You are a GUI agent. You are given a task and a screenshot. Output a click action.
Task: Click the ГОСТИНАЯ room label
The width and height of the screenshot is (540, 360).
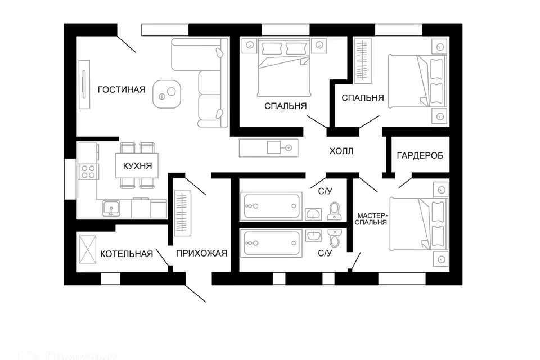coord(121,89)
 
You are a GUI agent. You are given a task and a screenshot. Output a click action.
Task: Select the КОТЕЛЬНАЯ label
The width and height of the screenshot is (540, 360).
coord(127,254)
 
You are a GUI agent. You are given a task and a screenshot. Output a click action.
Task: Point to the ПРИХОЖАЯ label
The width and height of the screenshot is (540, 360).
coord(201,253)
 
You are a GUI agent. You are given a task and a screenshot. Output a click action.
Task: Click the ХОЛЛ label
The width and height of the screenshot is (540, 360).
coord(341,151)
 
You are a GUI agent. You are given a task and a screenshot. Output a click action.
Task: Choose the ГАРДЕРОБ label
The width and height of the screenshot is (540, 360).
coord(420,155)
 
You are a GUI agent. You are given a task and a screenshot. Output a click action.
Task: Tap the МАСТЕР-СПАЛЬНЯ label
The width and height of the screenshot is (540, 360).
coord(372,218)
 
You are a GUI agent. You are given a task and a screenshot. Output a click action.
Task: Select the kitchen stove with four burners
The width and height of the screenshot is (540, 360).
coord(88,170)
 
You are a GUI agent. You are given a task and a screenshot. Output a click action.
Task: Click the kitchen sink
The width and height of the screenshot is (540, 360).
coord(111,209)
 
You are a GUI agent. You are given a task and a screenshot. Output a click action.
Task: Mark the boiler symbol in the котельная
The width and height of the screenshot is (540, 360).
coord(88,248)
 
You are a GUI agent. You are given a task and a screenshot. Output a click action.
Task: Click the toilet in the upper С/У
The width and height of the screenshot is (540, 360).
coord(335,210)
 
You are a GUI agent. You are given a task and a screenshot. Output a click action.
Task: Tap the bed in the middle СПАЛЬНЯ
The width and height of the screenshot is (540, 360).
coord(284,71)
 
